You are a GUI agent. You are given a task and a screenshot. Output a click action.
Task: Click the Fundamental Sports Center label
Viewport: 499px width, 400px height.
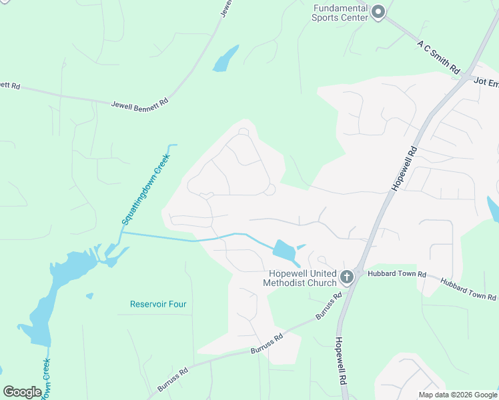pos(340,13)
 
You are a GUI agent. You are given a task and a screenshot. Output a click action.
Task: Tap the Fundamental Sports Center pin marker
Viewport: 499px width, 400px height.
pos(378,12)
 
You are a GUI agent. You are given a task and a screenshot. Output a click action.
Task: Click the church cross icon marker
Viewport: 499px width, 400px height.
pos(346,277)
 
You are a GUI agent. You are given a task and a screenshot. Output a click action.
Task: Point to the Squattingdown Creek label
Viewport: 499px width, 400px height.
pos(145,189)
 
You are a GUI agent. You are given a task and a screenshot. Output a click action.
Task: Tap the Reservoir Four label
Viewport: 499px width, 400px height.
pos(158,304)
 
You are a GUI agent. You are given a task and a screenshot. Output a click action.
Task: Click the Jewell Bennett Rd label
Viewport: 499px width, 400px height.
pos(140,103)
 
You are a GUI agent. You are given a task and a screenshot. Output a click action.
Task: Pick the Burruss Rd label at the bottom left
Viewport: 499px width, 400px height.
pos(173,378)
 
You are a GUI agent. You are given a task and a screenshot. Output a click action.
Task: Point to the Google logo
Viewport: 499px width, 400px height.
pos(22,392)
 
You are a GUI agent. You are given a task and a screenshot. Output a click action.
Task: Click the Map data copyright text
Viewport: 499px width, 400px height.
pos(457,395)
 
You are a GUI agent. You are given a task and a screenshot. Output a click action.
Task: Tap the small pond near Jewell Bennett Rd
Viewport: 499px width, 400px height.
pos(225,59)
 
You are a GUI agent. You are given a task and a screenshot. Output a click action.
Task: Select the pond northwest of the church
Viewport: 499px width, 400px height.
pos(285,251)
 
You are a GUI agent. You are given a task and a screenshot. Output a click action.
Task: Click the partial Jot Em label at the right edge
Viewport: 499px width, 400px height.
pos(486,81)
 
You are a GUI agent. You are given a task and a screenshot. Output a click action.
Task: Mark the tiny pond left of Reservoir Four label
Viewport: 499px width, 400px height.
pos(89,295)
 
